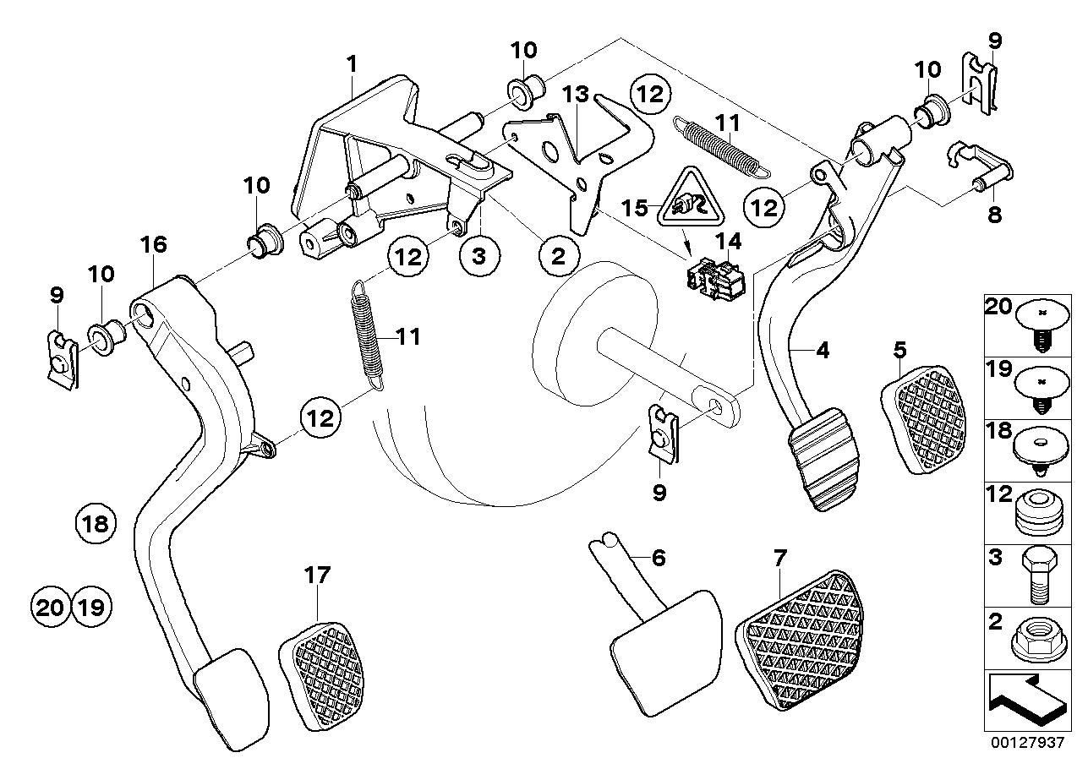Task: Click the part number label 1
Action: click(352, 63)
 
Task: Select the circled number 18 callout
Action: click(95, 525)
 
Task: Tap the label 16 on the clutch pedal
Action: click(154, 245)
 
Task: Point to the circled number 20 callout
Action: click(50, 606)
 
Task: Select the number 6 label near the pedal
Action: click(659, 558)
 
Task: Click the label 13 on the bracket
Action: click(576, 95)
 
